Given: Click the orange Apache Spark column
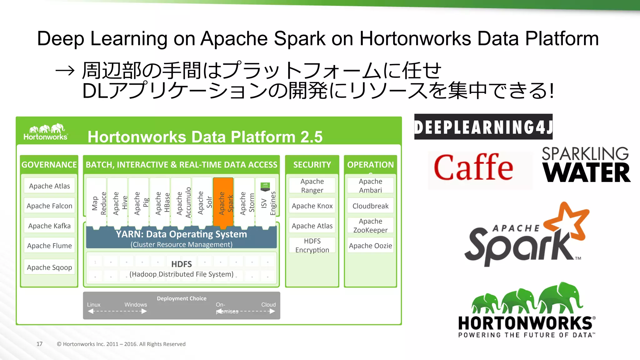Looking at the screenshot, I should [223, 202].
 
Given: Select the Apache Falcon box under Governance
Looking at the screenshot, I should [49, 206].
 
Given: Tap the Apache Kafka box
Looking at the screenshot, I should [49, 226].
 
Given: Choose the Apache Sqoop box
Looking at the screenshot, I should [49, 267].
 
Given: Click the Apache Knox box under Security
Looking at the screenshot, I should [312, 206].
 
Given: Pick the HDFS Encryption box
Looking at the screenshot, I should [312, 245].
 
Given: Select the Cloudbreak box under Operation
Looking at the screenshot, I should [370, 206].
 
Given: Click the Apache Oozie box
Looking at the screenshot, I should [370, 246].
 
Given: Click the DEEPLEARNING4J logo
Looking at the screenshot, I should [483, 127].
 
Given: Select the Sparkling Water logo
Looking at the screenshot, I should [586, 165].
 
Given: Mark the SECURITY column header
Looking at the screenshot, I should [312, 165].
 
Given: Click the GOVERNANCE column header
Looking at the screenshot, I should [49, 165].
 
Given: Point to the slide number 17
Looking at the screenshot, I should [39, 344].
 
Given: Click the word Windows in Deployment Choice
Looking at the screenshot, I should [136, 305].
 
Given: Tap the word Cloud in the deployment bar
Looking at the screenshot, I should [268, 305].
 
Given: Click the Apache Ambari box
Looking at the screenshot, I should [370, 186].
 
